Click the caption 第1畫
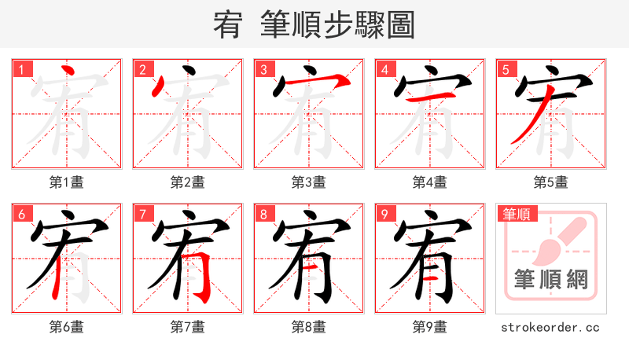pyautogui.click(x=67, y=182)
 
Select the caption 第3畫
pyautogui.click(x=309, y=182)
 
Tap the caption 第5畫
pyautogui.click(x=551, y=182)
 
